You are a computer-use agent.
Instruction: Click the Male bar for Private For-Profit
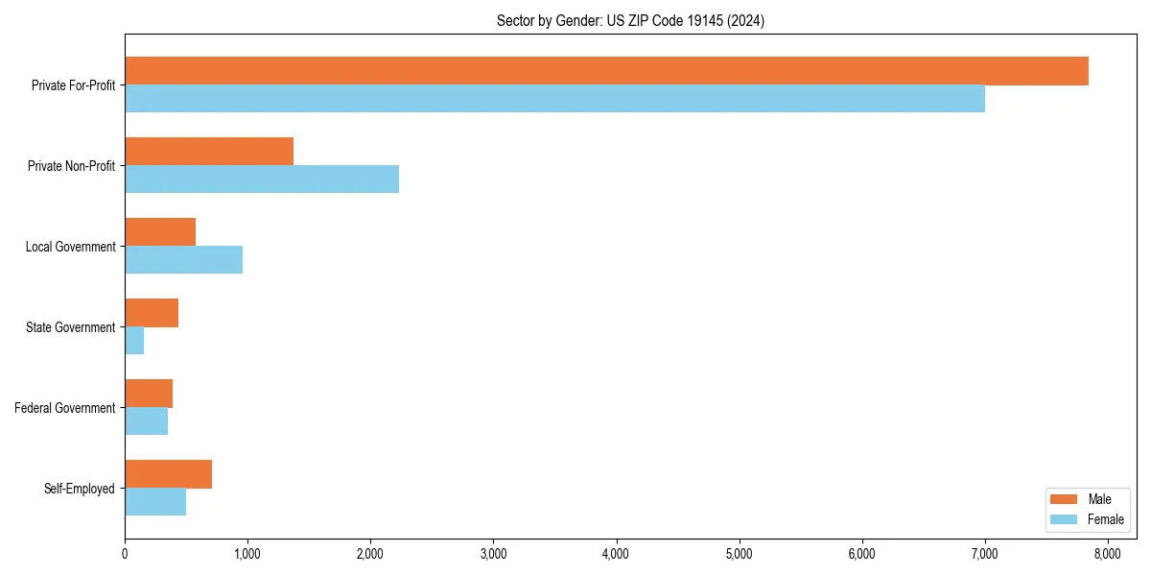(606, 71)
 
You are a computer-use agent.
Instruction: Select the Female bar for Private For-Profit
(554, 99)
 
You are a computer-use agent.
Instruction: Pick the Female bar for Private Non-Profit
(262, 180)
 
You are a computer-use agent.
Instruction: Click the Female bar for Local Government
(183, 260)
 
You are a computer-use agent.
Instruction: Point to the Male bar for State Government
(152, 313)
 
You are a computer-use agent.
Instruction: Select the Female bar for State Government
(134, 341)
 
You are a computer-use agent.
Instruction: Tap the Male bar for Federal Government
(149, 394)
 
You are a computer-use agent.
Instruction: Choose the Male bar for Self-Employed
(168, 474)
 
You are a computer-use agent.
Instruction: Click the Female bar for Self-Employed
(155, 502)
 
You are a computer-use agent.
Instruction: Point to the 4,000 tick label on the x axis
(616, 554)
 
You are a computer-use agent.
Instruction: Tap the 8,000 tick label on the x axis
(1108, 554)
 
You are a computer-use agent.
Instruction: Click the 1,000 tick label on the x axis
(247, 554)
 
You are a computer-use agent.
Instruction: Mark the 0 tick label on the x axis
(125, 554)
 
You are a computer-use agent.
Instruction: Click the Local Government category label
(70, 247)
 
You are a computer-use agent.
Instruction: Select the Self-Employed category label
(79, 489)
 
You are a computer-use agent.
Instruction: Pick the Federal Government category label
(65, 408)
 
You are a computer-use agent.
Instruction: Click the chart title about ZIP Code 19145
(630, 21)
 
